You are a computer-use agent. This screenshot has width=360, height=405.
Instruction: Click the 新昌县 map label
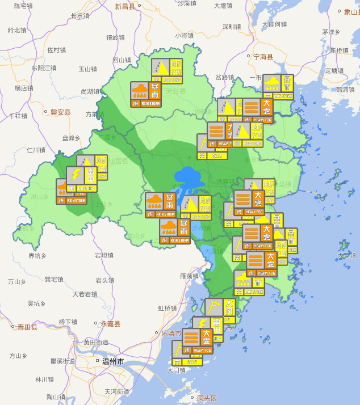[x=125, y=7]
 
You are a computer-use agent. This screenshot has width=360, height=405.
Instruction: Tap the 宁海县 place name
[x=263, y=57]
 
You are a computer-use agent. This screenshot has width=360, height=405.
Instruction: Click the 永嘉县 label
[x=111, y=324]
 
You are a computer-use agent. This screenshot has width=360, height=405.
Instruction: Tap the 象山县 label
[x=348, y=11]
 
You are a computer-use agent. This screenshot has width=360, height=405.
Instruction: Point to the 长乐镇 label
[x=80, y=16]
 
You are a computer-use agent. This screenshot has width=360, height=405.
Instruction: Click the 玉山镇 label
[x=87, y=69]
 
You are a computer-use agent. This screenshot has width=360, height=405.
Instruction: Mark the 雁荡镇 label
[x=189, y=276]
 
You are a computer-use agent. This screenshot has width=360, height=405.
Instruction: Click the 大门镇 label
[x=177, y=370]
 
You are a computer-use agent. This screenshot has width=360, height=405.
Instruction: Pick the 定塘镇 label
[x=335, y=71]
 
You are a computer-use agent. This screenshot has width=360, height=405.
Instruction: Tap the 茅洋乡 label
[x=330, y=32]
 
